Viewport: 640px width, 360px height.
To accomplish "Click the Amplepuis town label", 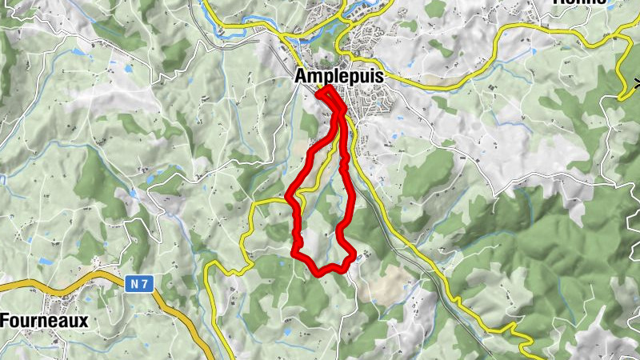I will click(x=339, y=77).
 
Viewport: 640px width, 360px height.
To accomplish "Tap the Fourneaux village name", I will click(x=44, y=320).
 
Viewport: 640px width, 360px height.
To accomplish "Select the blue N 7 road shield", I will click(x=138, y=282).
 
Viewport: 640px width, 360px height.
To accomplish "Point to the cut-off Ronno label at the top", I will click(x=581, y=2).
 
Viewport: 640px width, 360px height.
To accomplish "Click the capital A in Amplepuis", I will click(x=302, y=77).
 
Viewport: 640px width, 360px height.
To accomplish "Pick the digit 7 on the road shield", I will click(x=145, y=282).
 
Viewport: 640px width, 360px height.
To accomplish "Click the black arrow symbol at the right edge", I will click(x=637, y=82).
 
